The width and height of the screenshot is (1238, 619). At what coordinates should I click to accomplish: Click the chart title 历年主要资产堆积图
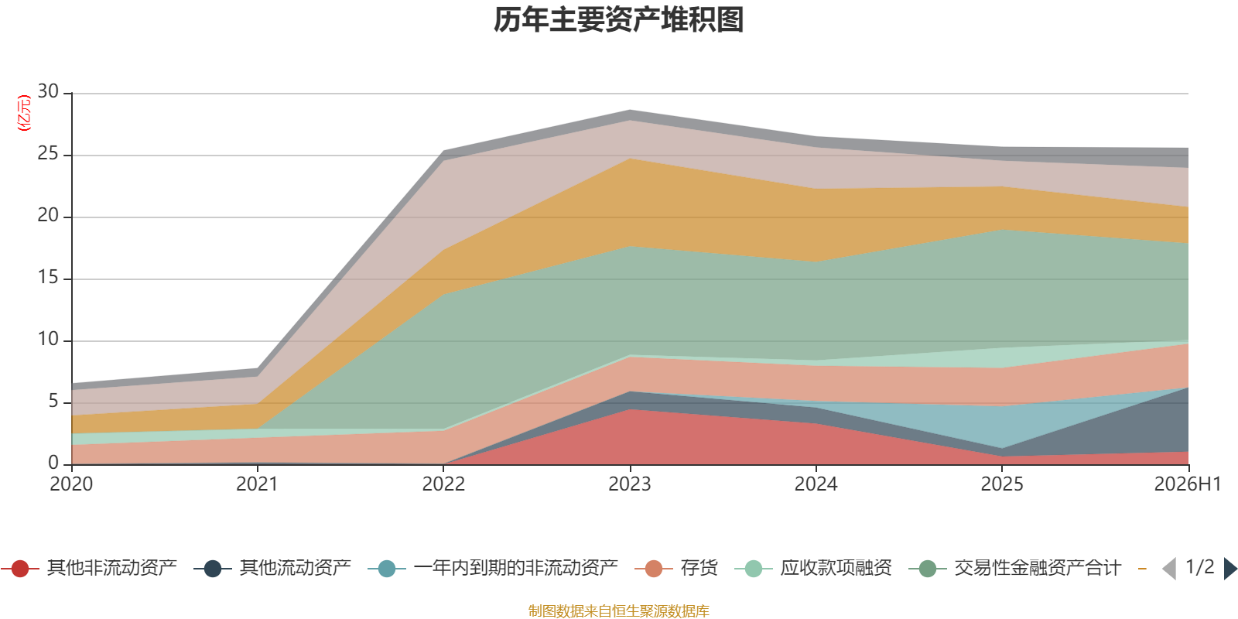point(618,20)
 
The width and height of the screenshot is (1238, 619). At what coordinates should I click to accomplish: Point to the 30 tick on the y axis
point(48,92)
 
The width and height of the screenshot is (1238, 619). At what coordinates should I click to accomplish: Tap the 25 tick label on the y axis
point(48,154)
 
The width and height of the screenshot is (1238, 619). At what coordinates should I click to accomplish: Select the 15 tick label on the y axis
point(48,278)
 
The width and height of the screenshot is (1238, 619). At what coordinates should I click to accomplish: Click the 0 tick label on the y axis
point(53,463)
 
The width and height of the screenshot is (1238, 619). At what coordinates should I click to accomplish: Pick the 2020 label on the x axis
point(71,484)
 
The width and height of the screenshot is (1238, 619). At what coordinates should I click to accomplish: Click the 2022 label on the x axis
point(443,484)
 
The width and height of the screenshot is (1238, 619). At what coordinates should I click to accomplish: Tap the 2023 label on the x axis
point(630,484)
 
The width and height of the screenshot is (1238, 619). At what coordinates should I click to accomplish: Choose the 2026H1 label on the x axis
point(1187,484)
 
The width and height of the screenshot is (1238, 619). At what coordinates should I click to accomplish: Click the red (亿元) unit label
point(24,113)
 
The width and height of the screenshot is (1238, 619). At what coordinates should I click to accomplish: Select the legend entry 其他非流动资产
point(88,568)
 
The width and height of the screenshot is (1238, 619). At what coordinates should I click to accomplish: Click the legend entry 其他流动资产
point(272,568)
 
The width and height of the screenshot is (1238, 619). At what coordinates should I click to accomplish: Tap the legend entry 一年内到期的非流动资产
point(492,568)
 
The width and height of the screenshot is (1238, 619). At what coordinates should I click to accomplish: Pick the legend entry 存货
point(676,568)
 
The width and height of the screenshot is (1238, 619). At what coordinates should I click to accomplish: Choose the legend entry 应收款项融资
point(813,568)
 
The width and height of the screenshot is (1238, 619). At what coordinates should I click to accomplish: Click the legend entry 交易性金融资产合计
point(1014,568)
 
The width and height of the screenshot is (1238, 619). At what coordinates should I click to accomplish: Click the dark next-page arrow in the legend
point(1230,568)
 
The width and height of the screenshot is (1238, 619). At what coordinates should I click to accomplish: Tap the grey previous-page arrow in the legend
point(1169,568)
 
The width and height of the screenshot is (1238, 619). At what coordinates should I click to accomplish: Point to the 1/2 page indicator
point(1200,567)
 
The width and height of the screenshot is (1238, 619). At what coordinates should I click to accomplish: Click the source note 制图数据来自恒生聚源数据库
point(618,610)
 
